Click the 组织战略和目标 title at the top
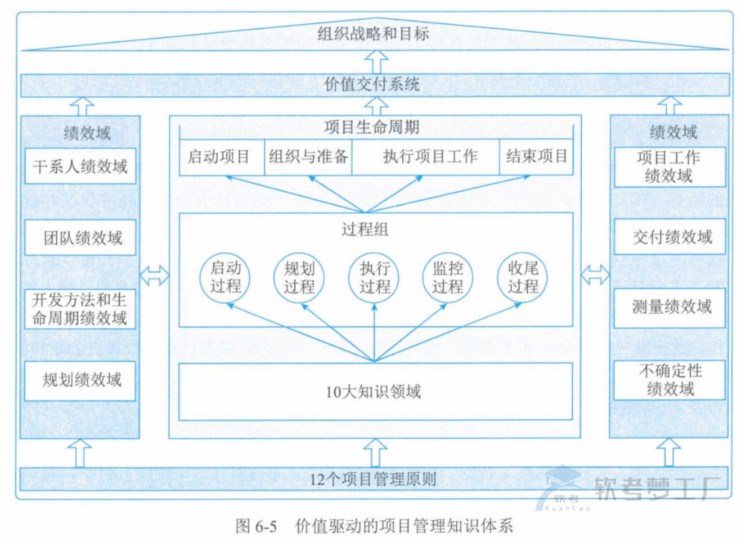tap(374, 34)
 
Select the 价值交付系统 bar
tap(374, 84)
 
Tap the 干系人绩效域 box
tap(80, 167)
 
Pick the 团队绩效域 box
tap(80, 239)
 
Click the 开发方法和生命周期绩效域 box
tap(80, 309)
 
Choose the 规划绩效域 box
tap(80, 380)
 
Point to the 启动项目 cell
tap(220, 157)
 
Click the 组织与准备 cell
tap(308, 157)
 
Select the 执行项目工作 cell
tap(425, 157)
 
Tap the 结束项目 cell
tap(536, 157)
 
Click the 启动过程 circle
tap(225, 277)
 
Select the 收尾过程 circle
tap(522, 277)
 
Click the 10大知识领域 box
tap(374, 391)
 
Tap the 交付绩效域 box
tap(670, 238)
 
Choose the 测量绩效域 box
tap(670, 307)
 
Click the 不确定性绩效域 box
tap(670, 380)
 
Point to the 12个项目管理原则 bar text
tap(374, 479)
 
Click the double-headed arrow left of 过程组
tap(154, 276)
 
